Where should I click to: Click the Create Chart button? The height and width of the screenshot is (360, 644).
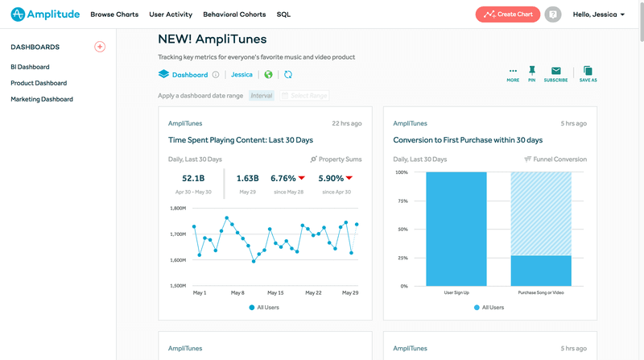coord(508,14)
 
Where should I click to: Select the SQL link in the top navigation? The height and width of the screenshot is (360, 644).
coord(283,14)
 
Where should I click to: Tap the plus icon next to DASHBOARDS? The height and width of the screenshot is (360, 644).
coord(100,47)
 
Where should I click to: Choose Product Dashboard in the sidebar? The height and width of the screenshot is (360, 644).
coord(39,83)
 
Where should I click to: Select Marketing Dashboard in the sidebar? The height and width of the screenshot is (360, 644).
coord(42,99)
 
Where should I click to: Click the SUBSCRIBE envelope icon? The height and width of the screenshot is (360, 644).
coord(555,72)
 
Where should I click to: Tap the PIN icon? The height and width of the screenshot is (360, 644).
coord(532,72)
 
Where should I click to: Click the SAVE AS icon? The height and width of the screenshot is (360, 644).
coord(588,72)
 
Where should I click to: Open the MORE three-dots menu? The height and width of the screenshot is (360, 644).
coord(513,72)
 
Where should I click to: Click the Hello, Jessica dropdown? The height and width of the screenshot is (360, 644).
coord(598,14)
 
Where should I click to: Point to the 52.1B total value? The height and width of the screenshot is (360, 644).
coord(193,178)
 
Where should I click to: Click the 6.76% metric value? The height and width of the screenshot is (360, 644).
coord(283,178)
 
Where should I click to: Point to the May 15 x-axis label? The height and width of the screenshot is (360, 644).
coord(275,292)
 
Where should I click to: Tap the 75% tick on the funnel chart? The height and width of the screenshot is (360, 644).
coord(401,201)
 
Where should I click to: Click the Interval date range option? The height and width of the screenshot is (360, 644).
coord(261,96)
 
